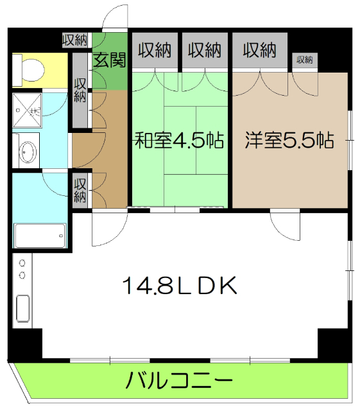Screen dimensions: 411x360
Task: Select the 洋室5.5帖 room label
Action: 289,141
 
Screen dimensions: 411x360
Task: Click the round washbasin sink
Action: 28,152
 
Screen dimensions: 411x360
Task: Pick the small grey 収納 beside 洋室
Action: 304,60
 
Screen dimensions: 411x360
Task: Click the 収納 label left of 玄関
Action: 76,40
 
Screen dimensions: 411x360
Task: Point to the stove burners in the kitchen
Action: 22,269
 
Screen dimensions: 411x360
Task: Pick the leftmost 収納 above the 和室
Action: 155,49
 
